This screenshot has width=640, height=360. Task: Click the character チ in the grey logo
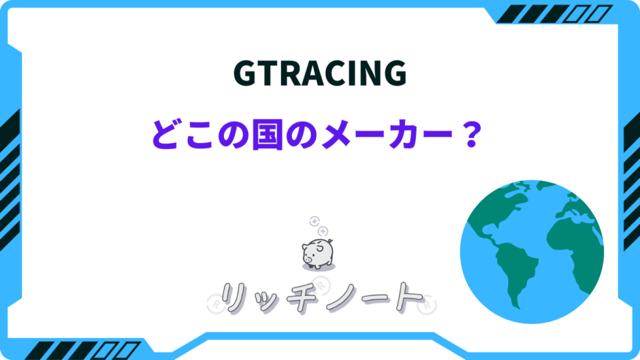(x=302, y=299)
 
